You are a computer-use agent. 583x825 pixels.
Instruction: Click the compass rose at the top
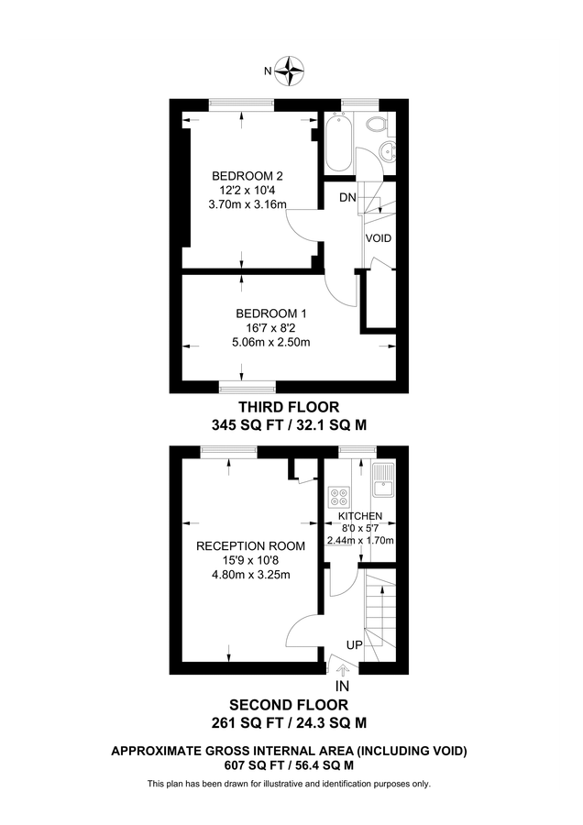tap(291, 70)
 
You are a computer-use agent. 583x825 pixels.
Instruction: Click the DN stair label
tap(347, 198)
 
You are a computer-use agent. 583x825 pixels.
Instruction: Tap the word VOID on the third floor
tap(379, 238)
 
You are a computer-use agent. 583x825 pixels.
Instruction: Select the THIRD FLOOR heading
tap(290, 406)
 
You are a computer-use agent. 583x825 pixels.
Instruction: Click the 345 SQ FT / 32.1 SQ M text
tap(290, 424)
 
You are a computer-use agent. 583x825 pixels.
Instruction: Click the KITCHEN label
tap(359, 516)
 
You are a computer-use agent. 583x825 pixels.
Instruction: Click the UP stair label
tap(353, 645)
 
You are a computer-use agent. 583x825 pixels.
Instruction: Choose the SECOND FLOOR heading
tap(289, 705)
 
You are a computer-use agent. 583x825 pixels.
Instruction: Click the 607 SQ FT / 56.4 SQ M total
tap(289, 765)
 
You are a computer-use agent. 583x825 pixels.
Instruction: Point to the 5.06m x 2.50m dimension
tap(271, 343)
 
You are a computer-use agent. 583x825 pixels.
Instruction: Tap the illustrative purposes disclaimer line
tap(289, 784)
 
